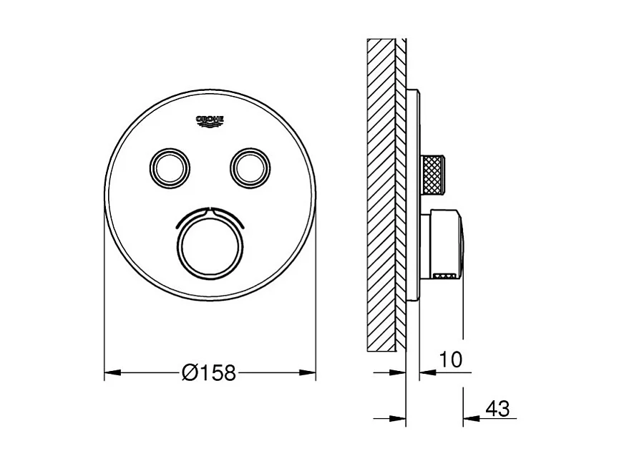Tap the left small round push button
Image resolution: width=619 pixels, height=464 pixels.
click(170, 166)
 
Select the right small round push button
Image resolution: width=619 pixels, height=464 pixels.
click(250, 166)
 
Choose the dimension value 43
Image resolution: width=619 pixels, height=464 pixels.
click(497, 409)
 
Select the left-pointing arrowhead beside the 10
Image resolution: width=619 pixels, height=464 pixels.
click(425, 372)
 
